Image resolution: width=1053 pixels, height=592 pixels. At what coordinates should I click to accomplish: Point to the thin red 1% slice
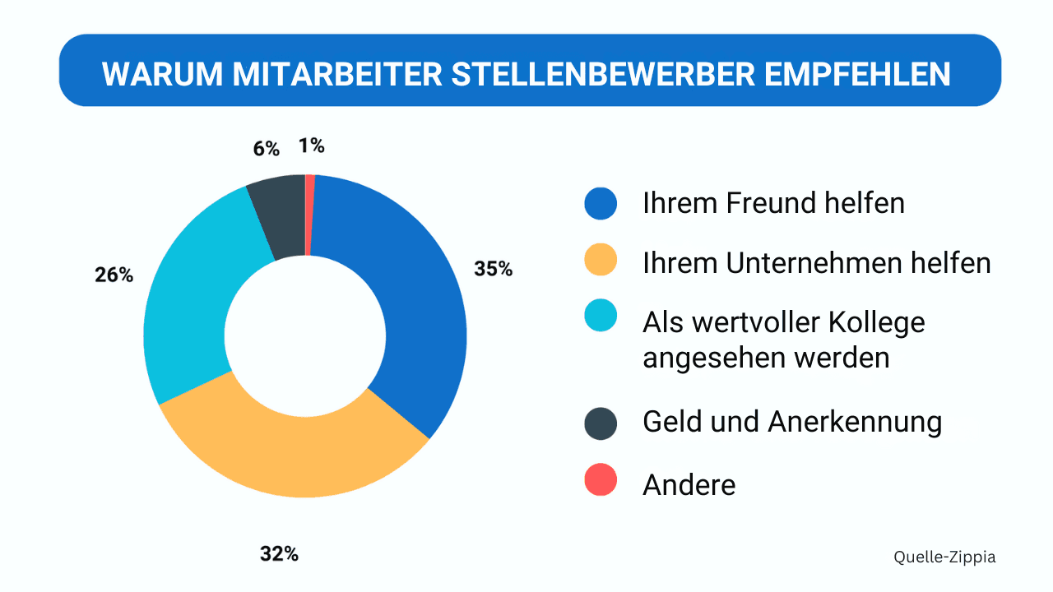tap(309, 214)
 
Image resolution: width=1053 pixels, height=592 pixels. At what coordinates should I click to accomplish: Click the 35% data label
tap(493, 269)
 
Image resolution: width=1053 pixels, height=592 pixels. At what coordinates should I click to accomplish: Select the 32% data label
tap(279, 554)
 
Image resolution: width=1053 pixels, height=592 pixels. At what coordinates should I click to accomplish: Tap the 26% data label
tap(114, 275)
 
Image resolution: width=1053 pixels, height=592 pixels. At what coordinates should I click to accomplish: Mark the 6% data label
tap(266, 149)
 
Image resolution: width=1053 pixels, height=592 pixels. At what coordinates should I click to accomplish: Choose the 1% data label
tap(312, 146)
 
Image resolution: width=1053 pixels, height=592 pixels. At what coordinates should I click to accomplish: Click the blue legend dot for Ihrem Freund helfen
tap(601, 203)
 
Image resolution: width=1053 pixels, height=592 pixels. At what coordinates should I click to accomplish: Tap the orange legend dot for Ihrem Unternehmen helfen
tap(601, 262)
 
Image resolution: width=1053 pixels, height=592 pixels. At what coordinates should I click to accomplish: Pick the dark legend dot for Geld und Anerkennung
tap(601, 422)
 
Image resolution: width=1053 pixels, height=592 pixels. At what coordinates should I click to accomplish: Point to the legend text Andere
tap(689, 484)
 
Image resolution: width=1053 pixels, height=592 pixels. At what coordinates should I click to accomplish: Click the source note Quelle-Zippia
tap(944, 557)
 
